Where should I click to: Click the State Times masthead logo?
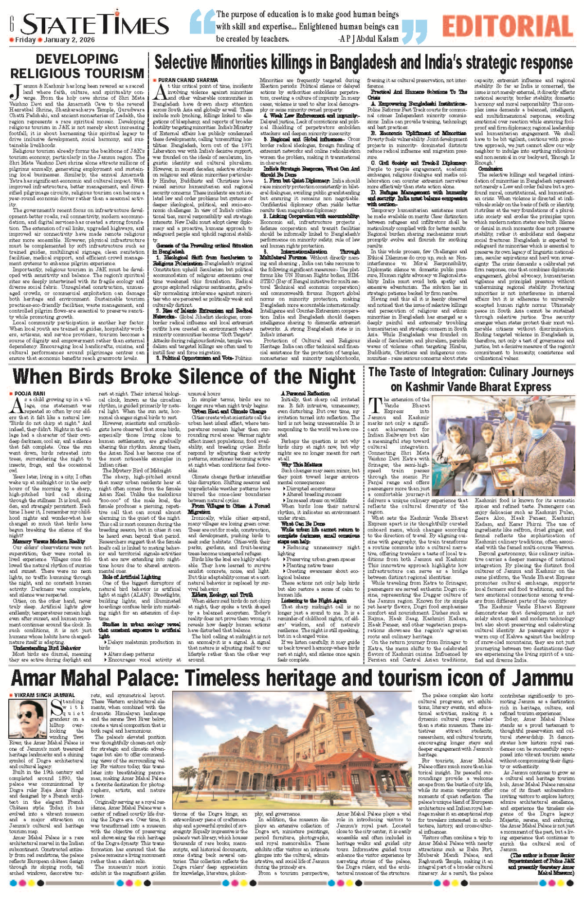coord(95,24)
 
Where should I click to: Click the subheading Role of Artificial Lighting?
coord(125,577)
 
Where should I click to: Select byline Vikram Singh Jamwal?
coord(44,695)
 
